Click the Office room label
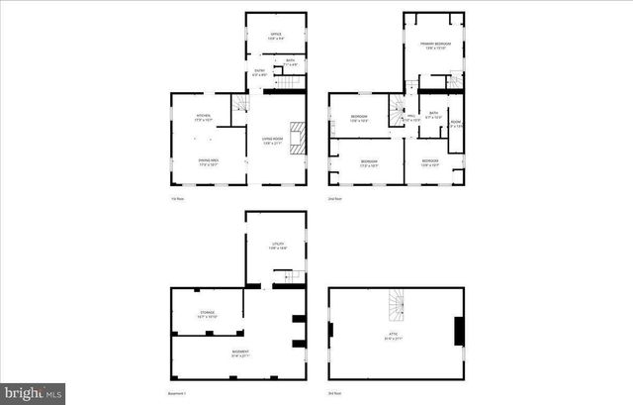point(276,36)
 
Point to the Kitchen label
point(203,117)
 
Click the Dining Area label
point(208,162)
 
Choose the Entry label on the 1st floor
point(259,72)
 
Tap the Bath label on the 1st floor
point(291,62)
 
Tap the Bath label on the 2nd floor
point(433,114)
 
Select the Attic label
point(393,336)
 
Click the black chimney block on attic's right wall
point(459,331)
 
